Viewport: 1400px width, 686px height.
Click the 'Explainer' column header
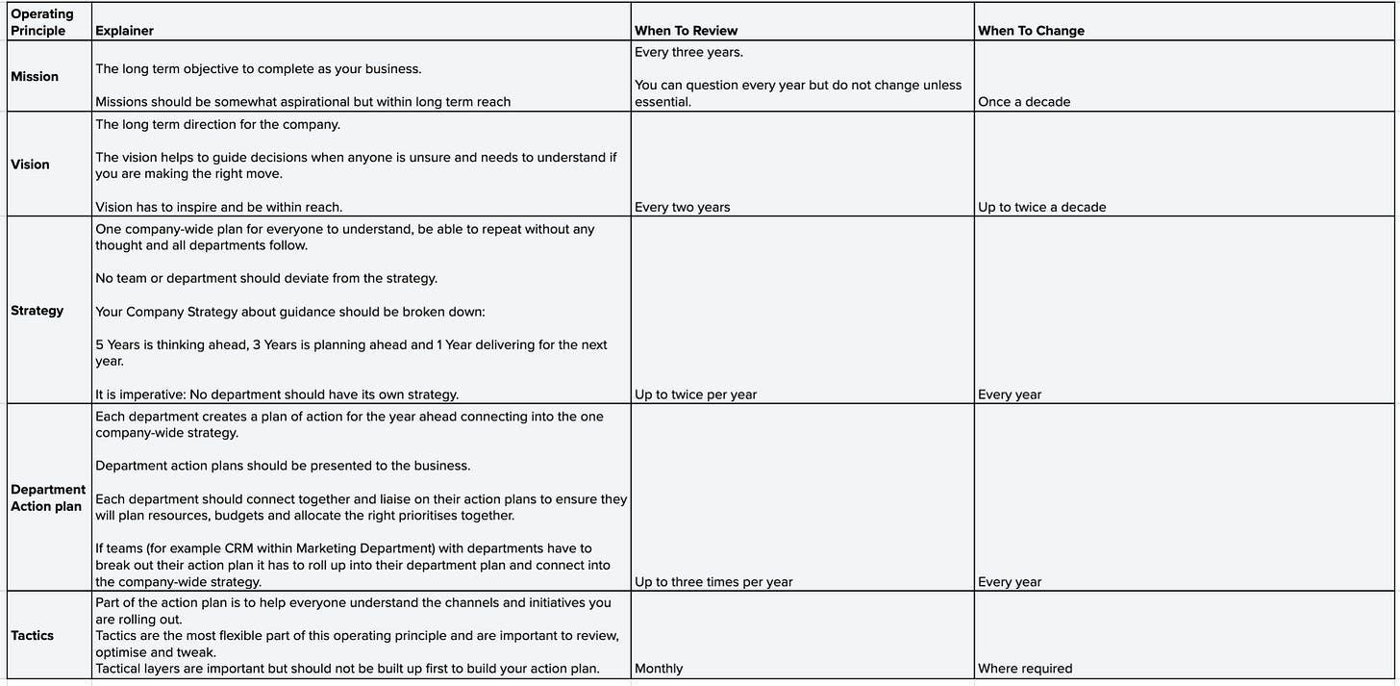[124, 30]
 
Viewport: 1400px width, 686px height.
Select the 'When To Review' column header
[686, 30]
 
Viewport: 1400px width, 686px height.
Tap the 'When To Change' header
[1031, 30]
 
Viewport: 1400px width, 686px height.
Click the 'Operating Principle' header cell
[42, 22]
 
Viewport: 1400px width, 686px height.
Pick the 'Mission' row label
[35, 76]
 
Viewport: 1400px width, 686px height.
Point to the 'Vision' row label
[30, 165]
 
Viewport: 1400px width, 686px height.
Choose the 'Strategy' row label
[37, 310]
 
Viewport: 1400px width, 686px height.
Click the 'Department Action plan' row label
[48, 497]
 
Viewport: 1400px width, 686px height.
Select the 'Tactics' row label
[33, 635]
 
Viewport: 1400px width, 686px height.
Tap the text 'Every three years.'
[688, 52]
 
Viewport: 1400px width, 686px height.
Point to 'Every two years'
[682, 207]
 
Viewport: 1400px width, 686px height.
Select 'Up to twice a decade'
[1041, 207]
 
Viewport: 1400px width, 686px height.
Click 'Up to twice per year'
[695, 394]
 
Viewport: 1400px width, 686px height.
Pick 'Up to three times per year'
[713, 581]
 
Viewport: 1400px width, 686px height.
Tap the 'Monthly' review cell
[659, 668]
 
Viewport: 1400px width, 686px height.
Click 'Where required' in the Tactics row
[1025, 668]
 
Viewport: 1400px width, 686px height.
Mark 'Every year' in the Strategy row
[1010, 394]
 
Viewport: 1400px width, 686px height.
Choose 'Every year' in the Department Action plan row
[1010, 581]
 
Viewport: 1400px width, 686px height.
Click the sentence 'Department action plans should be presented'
[283, 466]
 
